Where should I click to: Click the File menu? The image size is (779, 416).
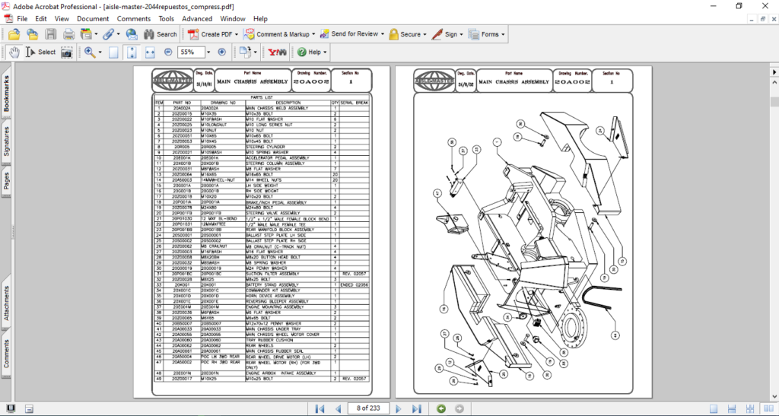click(x=22, y=18)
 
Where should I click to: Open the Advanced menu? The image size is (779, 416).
click(x=197, y=18)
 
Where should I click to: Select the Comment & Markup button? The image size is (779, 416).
click(x=278, y=34)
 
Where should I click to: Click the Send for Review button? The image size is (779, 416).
click(x=349, y=34)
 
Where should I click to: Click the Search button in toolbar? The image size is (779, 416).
click(x=160, y=34)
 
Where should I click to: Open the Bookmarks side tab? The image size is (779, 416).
click(x=7, y=94)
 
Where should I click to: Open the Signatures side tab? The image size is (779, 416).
click(x=7, y=141)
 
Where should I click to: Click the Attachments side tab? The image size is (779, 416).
click(x=7, y=307)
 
